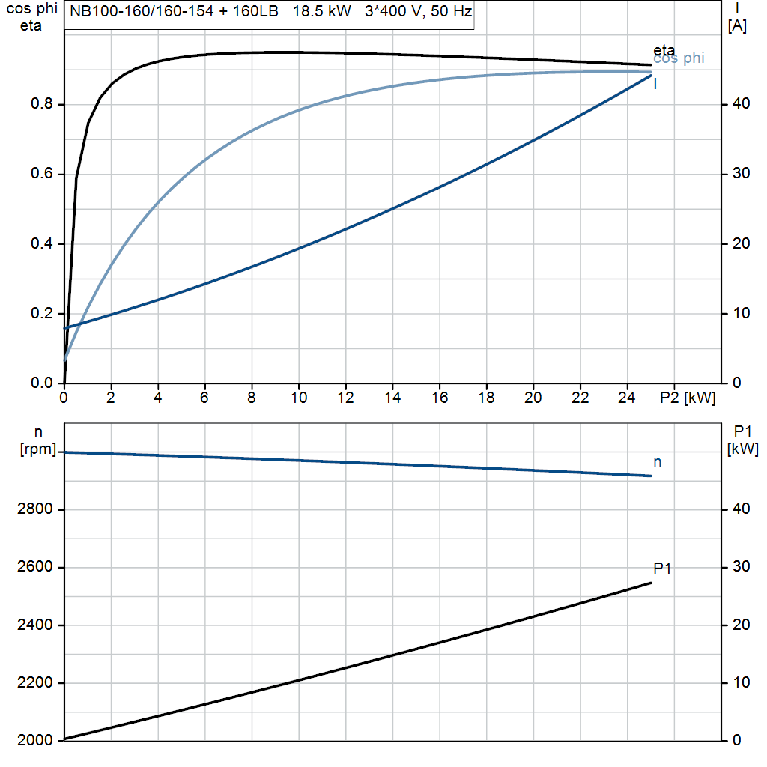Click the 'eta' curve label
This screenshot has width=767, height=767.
664,50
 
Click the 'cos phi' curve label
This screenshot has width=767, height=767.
679,59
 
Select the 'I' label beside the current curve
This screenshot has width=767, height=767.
655,84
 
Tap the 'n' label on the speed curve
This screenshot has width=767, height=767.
657,463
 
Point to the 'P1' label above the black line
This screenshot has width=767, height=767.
662,569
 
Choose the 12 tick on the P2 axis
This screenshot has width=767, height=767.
345,398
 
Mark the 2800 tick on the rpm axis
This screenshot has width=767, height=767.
34,510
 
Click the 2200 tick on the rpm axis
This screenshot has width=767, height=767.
34,683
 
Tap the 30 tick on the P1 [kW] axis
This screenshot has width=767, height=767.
738,567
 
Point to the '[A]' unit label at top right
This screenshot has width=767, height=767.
737,26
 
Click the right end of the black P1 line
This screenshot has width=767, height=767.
650,583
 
